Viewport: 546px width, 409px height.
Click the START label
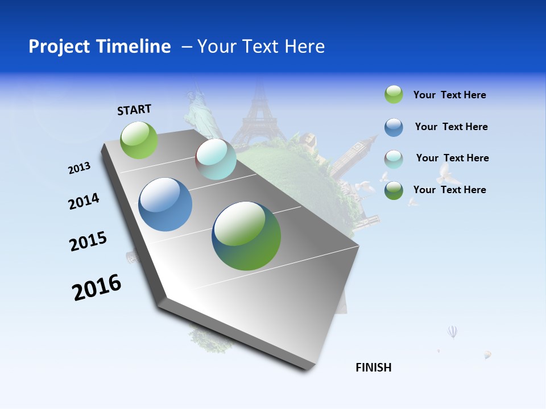pyautogui.click(x=134, y=110)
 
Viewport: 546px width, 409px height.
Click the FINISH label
pyautogui.click(x=373, y=368)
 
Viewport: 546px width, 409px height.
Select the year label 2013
pyautogui.click(x=79, y=168)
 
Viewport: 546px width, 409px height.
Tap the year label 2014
pyautogui.click(x=84, y=202)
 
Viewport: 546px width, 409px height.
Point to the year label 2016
pyautogui.click(x=97, y=287)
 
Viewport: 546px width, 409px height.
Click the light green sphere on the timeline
pyautogui.click(x=139, y=140)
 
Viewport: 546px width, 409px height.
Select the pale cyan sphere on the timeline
pyautogui.click(x=216, y=159)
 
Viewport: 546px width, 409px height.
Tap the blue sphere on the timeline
pyautogui.click(x=165, y=204)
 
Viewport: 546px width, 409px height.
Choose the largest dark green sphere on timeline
pyautogui.click(x=246, y=236)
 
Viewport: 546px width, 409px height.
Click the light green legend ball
pyautogui.click(x=394, y=95)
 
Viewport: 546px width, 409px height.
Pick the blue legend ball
pyautogui.click(x=394, y=127)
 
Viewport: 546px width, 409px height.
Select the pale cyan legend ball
pyautogui.click(x=394, y=159)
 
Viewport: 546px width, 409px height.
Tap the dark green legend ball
pyautogui.click(x=394, y=190)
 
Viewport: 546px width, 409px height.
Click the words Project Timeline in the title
pyautogui.click(x=100, y=47)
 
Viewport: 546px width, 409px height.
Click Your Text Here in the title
pyautogui.click(x=260, y=47)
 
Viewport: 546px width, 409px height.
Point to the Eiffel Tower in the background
pyautogui.click(x=259, y=116)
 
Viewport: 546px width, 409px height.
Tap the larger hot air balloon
pyautogui.click(x=452, y=331)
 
